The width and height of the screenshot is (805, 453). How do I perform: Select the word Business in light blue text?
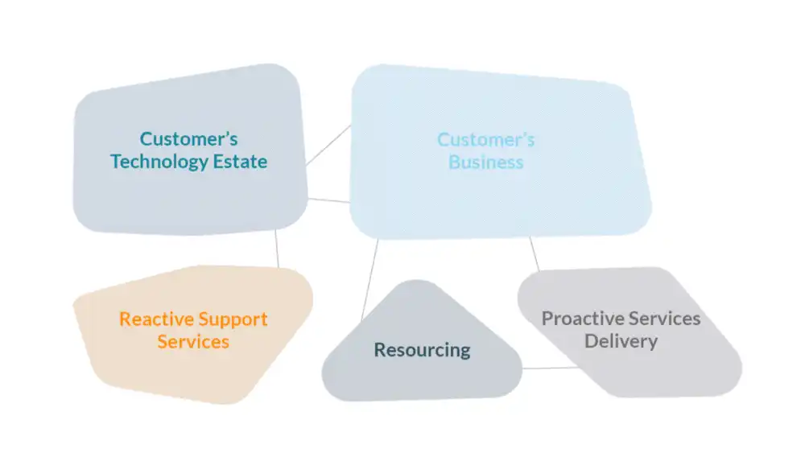point(486,163)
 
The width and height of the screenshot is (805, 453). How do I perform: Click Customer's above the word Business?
point(486,140)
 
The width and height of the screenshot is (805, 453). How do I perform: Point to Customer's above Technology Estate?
point(189,139)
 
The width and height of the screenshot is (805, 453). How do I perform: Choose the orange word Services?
point(193,342)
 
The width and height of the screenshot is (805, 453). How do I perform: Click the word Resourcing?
point(422,350)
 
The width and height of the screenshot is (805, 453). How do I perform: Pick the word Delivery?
point(621,341)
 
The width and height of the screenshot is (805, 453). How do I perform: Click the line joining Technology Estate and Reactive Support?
point(277,249)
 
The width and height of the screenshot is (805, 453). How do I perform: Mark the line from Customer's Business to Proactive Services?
point(534,253)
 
